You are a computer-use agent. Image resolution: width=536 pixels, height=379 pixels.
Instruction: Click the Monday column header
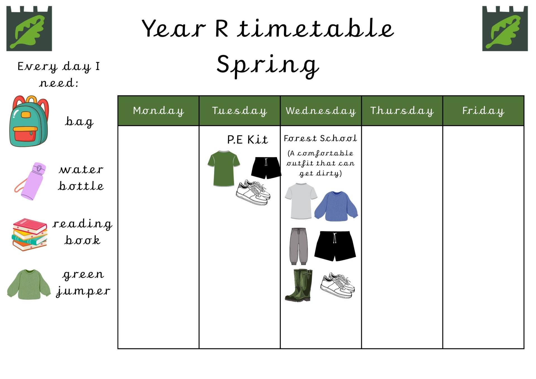158,111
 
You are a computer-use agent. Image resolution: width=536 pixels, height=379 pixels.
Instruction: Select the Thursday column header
402,111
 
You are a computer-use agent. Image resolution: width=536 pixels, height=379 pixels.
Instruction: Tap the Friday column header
483,111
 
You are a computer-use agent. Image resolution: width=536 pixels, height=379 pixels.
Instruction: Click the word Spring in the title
267,65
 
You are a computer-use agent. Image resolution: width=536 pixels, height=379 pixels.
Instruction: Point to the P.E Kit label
247,139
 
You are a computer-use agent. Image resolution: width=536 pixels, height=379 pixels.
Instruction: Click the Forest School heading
320,138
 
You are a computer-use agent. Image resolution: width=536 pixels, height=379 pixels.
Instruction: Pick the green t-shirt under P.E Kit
224,168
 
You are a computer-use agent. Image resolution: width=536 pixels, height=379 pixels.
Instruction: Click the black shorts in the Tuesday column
266,168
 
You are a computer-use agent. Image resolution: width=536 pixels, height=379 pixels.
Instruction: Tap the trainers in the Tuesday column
253,192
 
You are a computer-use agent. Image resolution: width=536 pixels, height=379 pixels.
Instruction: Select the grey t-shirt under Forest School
301,201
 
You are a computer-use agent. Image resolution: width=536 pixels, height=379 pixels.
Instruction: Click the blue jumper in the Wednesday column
336,206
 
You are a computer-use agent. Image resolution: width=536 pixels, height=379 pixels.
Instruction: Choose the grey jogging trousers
298,246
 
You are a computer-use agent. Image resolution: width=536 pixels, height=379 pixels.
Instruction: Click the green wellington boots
299,285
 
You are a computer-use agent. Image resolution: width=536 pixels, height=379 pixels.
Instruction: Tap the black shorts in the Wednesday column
335,246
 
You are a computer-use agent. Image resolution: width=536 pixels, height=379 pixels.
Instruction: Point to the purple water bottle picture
31,181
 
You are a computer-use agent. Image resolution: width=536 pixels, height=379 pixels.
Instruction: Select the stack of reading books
30,235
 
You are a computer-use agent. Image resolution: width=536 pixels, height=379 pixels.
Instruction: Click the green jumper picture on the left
29,284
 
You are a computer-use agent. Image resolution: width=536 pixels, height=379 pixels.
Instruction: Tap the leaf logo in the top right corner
505,28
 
